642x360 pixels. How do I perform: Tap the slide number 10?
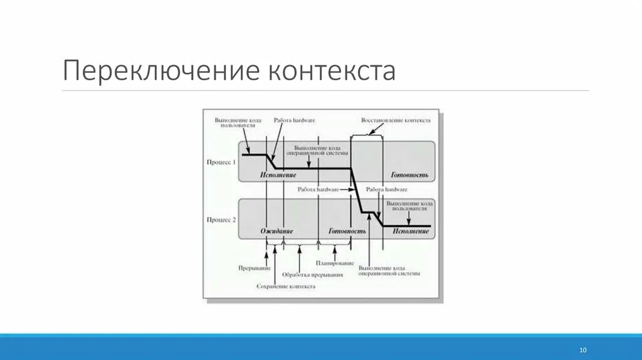583,349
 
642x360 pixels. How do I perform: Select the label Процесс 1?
221,162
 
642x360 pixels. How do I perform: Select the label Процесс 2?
221,220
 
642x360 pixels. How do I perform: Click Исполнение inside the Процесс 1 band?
278,174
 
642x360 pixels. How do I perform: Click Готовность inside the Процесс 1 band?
409,174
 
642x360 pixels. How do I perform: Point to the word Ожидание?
276,231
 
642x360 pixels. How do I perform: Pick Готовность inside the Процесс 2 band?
347,231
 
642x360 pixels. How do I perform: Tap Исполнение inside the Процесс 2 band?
411,231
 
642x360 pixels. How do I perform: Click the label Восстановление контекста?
396,119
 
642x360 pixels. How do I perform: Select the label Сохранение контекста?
286,286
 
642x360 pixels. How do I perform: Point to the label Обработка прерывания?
312,275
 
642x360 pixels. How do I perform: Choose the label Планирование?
334,263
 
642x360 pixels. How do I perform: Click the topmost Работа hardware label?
294,120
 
